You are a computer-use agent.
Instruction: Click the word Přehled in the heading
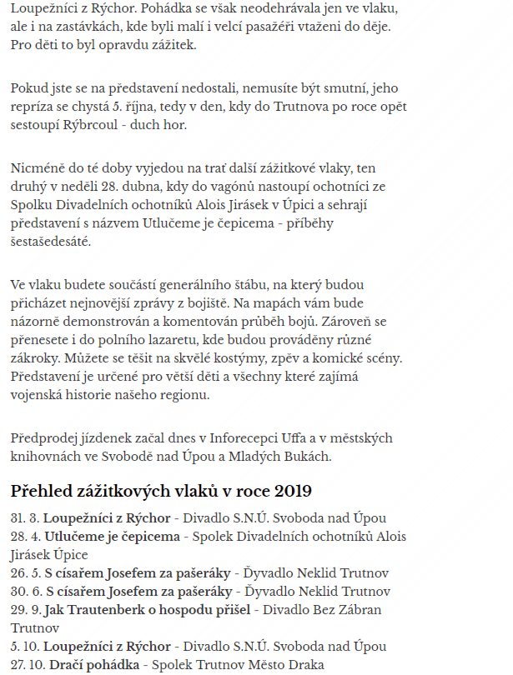pyautogui.click(x=43, y=490)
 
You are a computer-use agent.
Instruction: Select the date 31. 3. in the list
pyautogui.click(x=24, y=517)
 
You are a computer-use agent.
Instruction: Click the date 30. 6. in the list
pyautogui.click(x=24, y=591)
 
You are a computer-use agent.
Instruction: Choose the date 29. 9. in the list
pyautogui.click(x=24, y=609)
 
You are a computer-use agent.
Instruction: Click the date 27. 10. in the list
pyautogui.click(x=27, y=664)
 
